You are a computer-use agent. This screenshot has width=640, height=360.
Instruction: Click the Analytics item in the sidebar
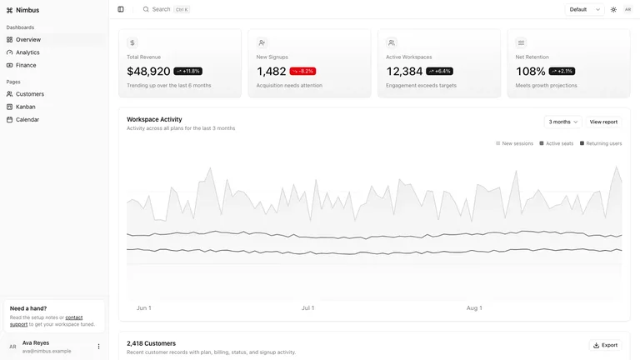click(x=27, y=52)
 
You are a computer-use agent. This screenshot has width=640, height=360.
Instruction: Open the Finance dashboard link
click(x=26, y=65)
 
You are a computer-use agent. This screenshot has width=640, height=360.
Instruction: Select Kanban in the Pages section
click(x=25, y=107)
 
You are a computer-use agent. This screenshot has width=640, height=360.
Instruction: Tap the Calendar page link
click(x=27, y=120)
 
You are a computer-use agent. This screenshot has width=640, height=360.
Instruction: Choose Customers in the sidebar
click(x=30, y=94)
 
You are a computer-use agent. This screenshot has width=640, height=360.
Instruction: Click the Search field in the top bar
click(x=166, y=9)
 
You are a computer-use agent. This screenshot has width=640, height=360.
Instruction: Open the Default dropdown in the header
click(x=584, y=9)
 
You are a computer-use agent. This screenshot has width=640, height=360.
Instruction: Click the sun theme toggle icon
click(x=613, y=9)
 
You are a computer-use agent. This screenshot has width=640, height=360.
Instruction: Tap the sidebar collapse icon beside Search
click(x=121, y=9)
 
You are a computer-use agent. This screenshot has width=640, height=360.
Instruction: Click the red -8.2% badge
click(x=302, y=71)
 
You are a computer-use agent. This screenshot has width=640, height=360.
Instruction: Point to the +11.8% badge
click(x=187, y=71)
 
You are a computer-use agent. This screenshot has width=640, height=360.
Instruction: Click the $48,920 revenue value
click(x=148, y=72)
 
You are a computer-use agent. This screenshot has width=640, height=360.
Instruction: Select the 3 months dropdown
click(x=562, y=122)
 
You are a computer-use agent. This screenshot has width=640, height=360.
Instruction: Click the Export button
click(x=605, y=345)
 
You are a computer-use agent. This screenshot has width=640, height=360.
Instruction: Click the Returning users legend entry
click(x=601, y=143)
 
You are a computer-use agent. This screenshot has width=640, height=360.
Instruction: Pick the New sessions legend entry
click(x=514, y=143)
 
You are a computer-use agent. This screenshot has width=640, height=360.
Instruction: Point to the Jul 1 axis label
click(x=307, y=308)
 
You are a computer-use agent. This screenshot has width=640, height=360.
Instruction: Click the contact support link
click(x=46, y=321)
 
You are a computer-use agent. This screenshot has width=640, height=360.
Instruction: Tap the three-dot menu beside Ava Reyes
click(x=98, y=347)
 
